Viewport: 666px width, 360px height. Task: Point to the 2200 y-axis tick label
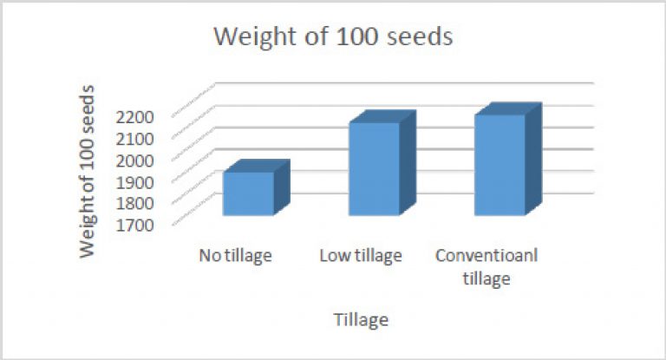[134, 117]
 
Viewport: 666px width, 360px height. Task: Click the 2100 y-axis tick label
[134, 139]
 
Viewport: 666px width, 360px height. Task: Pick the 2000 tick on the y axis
[134, 160]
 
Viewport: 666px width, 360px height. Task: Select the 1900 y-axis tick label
[134, 182]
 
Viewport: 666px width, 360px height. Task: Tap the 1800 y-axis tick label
[134, 203]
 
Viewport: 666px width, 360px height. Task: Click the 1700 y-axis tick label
[134, 225]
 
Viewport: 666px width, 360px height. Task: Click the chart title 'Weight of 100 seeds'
[333, 36]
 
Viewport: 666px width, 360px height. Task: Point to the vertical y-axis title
[87, 171]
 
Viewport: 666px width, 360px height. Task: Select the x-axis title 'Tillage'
[361, 319]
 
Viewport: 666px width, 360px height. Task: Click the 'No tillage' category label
[236, 256]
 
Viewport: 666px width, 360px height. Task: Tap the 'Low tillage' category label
[361, 256]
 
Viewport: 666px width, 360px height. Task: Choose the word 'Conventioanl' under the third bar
[486, 255]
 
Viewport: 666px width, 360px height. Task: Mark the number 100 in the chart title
[356, 36]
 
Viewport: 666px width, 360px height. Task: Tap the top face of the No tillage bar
[257, 166]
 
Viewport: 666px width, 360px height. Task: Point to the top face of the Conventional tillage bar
[508, 108]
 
